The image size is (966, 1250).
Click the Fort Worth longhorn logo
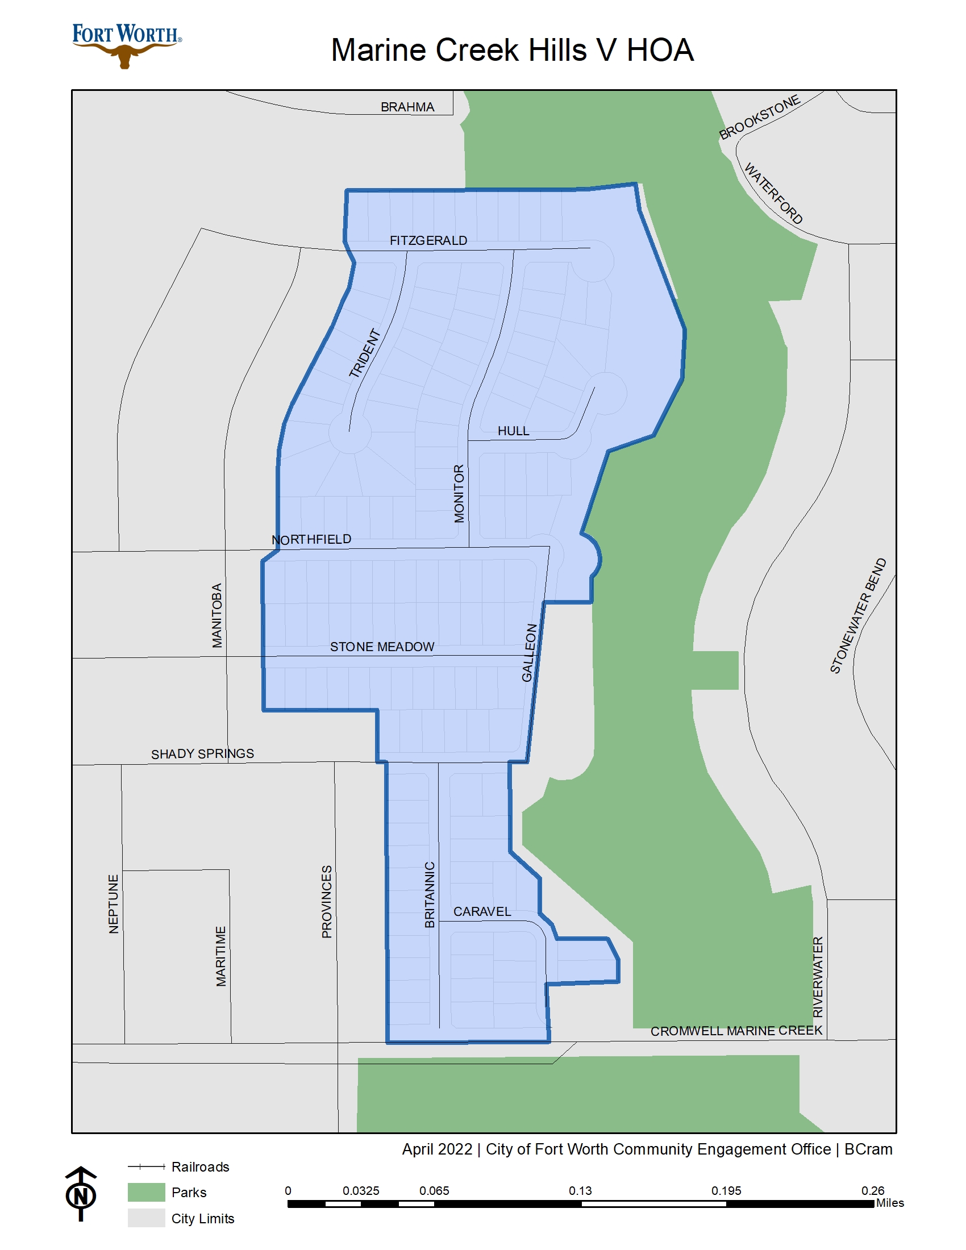pos(127,46)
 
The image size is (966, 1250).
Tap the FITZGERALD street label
pos(428,241)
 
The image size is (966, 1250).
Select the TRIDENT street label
pos(365,353)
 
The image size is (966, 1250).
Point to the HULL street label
pos(513,431)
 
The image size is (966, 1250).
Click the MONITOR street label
pos(459,493)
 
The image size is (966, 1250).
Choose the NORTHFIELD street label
pos(311,539)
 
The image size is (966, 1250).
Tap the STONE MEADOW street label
pos(382,647)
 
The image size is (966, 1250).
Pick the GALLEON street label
pos(530,653)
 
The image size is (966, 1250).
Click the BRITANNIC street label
pos(430,894)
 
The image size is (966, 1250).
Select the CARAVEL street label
pos(482,912)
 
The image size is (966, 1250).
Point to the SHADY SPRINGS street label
pos(202,754)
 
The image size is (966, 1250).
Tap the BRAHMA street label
pos(407,107)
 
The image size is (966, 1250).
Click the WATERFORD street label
pos(773,193)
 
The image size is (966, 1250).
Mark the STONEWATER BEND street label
pos(858,616)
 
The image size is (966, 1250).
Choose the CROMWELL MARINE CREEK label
pos(736,1031)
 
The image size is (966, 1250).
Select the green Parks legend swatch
pos(146,1192)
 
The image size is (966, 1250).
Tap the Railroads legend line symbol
pos(146,1166)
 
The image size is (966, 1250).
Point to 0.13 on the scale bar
pos(580,1190)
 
